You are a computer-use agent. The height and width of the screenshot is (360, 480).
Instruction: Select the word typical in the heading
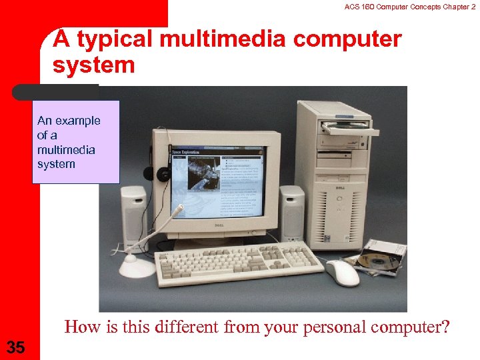(113, 40)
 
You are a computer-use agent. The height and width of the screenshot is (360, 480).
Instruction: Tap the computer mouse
(343, 271)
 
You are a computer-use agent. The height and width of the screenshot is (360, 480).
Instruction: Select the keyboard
(238, 259)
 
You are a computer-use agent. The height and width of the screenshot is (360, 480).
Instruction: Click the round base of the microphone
(136, 267)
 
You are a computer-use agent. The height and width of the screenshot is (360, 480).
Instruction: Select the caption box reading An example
(75, 142)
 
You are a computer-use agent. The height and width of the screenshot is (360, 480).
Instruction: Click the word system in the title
(94, 65)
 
